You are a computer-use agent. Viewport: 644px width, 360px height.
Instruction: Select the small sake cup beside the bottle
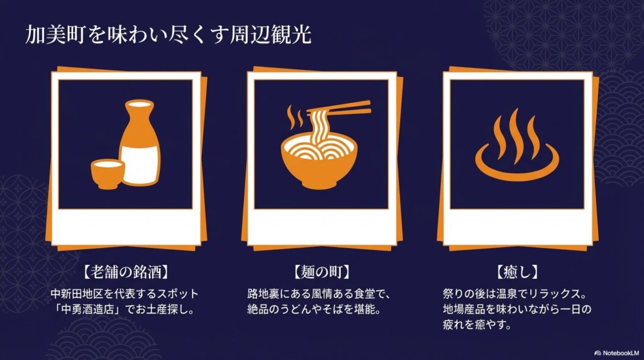pos(108,173)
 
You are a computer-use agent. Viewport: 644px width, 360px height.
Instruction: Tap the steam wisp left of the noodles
pos(291,117)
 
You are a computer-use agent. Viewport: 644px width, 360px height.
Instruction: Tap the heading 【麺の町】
pos(321,272)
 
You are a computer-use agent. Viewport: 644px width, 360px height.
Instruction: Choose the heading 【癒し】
pos(518,272)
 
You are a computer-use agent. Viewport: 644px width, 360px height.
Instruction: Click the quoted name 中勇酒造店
pos(89,309)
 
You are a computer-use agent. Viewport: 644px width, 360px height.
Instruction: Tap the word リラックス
pos(555,294)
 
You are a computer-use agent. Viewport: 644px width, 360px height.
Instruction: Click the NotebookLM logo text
pos(619,353)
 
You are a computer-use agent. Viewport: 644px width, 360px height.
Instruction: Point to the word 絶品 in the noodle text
pos(258,309)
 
